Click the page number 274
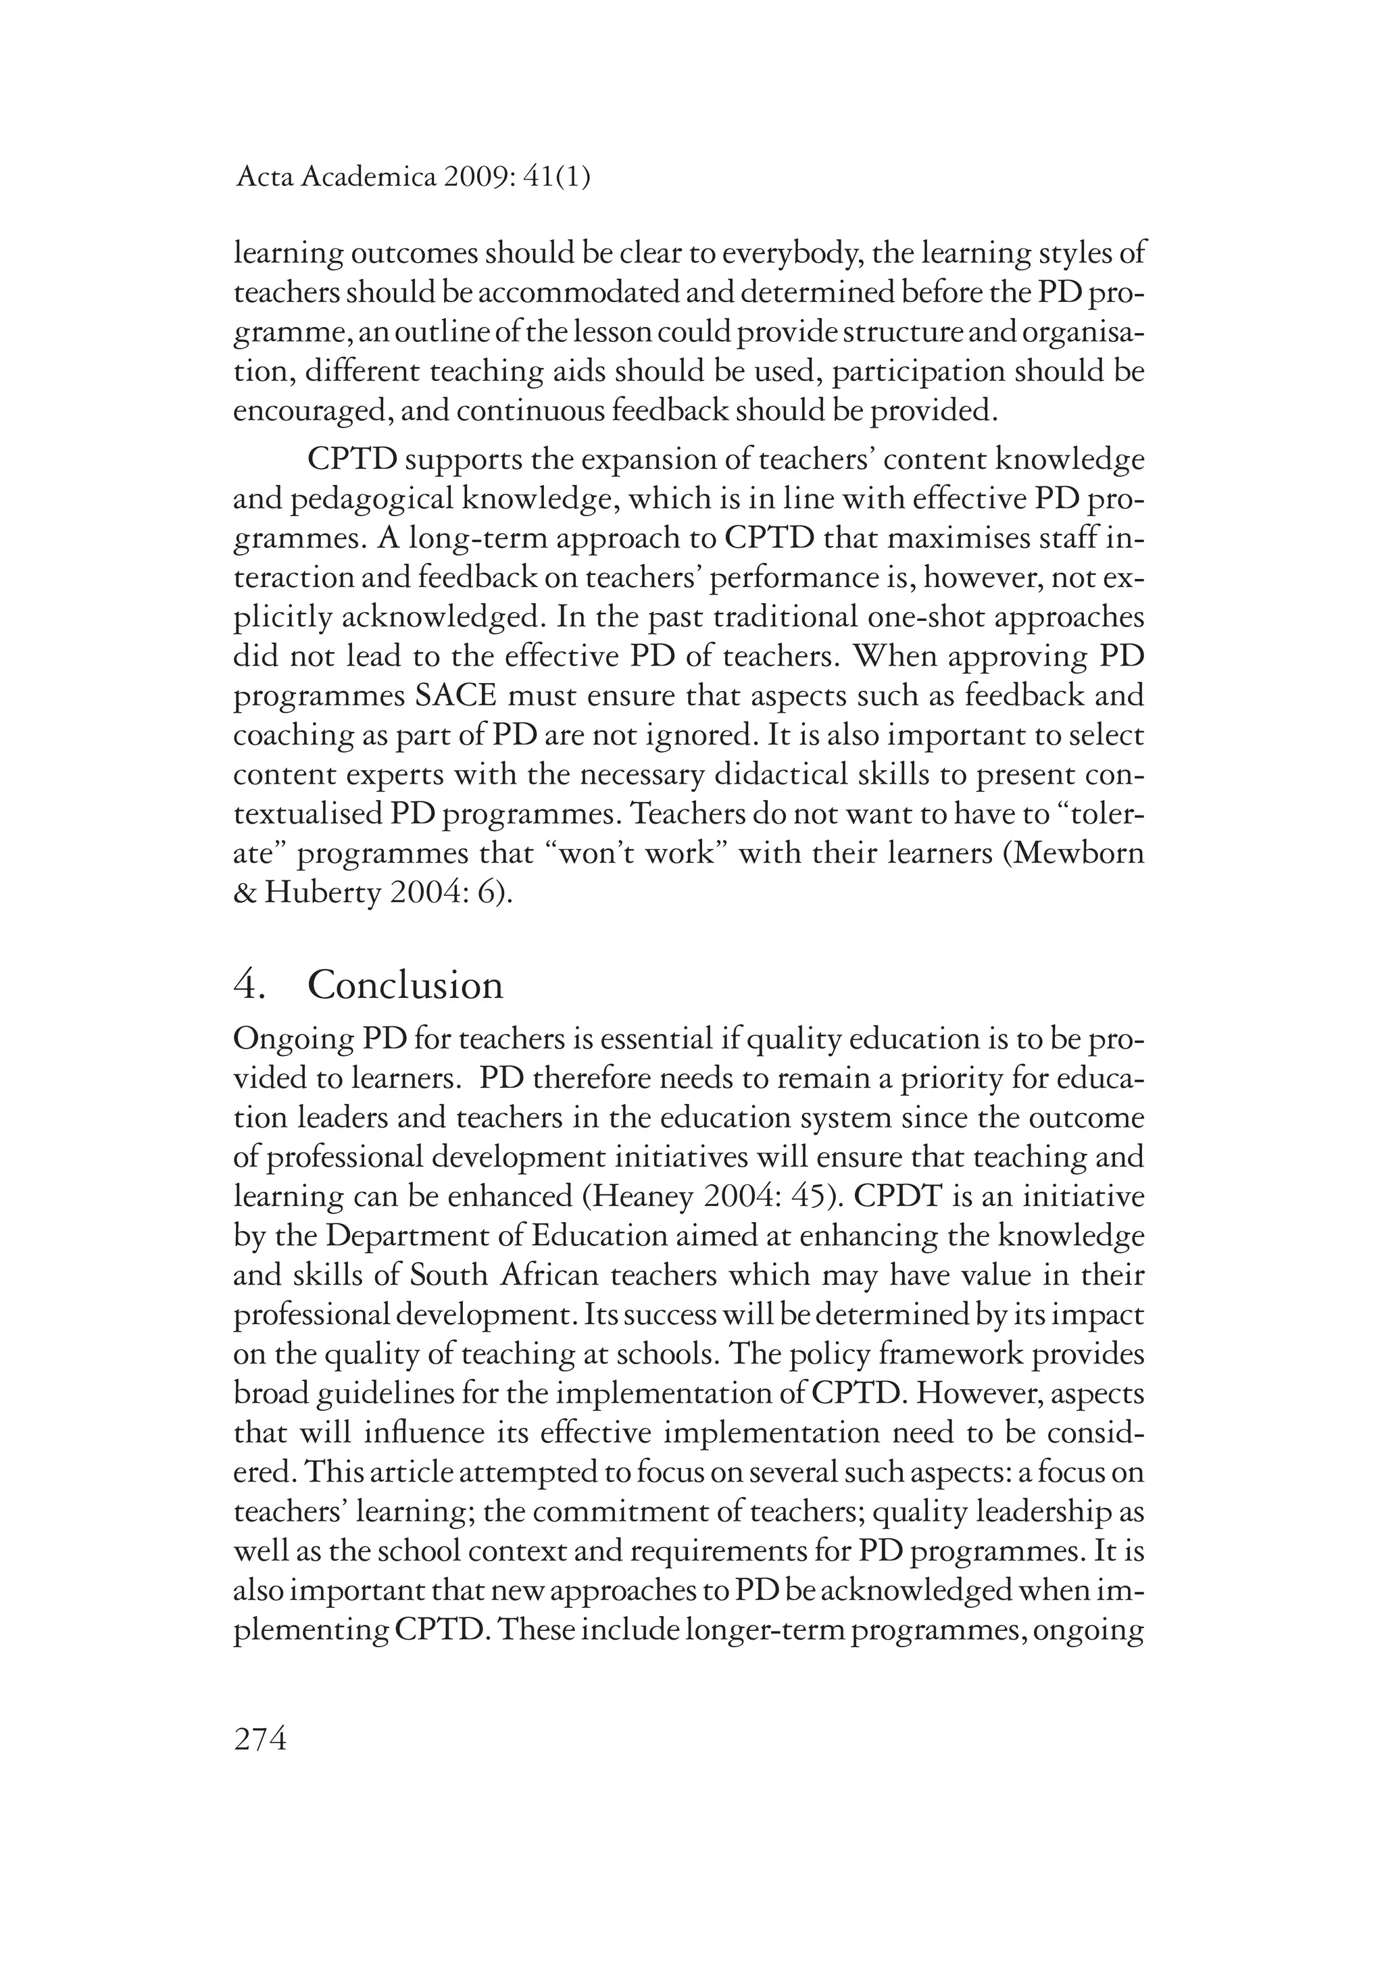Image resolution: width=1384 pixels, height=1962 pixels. (260, 1738)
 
